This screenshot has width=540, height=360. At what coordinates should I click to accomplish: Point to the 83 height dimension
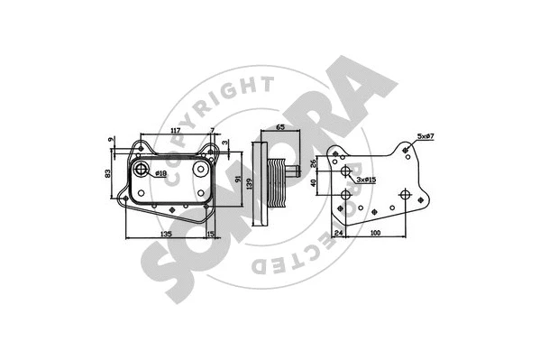pos(109,172)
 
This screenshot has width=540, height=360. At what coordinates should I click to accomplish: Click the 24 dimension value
pos(339,235)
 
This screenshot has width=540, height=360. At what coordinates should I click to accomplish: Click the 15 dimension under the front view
pos(210,234)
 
